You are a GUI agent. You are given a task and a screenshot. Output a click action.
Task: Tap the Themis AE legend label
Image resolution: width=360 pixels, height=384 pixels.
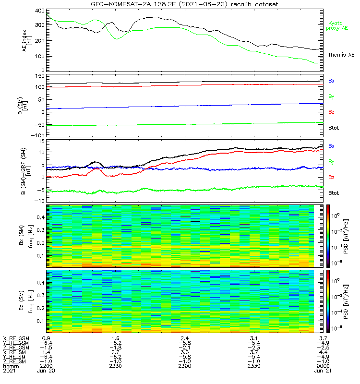pyautogui.click(x=341, y=55)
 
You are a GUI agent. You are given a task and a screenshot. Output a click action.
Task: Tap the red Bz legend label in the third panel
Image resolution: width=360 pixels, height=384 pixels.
pyautogui.click(x=331, y=177)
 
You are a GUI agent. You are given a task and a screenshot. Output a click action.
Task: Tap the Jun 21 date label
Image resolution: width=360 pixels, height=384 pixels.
pyautogui.click(x=323, y=371)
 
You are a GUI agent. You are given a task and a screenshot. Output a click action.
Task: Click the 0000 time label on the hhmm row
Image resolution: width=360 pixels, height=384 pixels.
pyautogui.click(x=323, y=366)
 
